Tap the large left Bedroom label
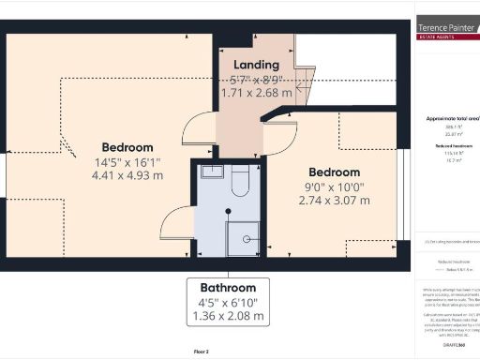click(127, 147)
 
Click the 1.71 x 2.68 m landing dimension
click(256, 93)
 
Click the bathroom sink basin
click(212, 172)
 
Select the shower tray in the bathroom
click(244, 238)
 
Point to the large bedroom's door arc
click(200, 129)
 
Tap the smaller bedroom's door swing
click(277, 137)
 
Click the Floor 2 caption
click(200, 351)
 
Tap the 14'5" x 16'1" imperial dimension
click(127, 161)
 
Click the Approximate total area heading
click(449, 119)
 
